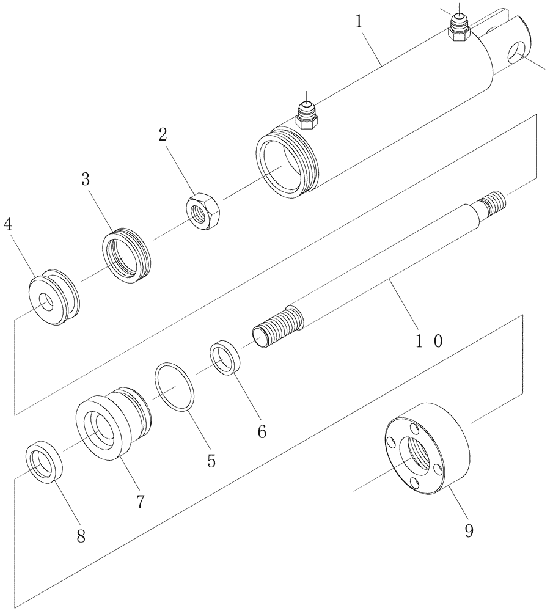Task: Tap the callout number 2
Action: (x=163, y=136)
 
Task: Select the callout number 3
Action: (x=86, y=180)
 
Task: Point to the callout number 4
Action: (x=7, y=225)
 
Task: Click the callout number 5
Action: (x=211, y=460)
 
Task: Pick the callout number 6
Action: (x=262, y=431)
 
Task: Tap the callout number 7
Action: (x=140, y=502)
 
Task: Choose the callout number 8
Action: (x=80, y=536)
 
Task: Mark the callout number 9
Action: (x=469, y=530)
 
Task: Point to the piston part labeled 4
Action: (x=54, y=296)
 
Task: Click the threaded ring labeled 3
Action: (x=127, y=256)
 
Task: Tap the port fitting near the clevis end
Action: (x=458, y=28)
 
